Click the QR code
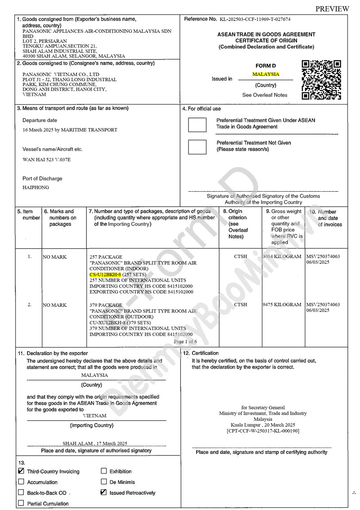pos(321,80)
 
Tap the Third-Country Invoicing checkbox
pos(21,471)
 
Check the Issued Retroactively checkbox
pos(104,492)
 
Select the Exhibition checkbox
pos(104,471)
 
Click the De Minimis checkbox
pos(104,482)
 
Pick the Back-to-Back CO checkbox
pos(21,492)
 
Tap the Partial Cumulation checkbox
pos(21,503)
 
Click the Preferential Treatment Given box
pos(197,124)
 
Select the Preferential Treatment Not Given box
pos(197,147)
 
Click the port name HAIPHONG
pos(36,188)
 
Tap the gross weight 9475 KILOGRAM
pos(282,305)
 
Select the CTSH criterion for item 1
pos(240,257)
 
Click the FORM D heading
pos(265,66)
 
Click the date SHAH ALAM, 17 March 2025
pos(95,443)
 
